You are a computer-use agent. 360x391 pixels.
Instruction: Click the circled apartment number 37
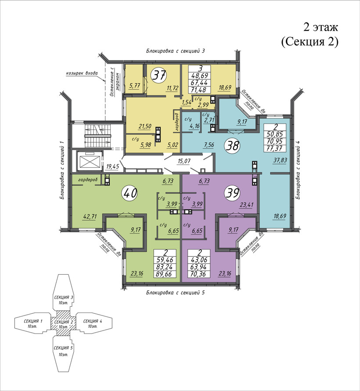tap(159, 75)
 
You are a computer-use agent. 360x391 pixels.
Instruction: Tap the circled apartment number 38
tap(233, 146)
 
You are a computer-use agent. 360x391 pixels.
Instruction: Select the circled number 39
tap(233, 193)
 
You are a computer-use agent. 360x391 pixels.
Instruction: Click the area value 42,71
tap(90, 216)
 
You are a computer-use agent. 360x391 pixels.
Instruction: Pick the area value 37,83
tap(280, 160)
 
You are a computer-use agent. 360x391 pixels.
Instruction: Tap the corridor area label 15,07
tap(184, 161)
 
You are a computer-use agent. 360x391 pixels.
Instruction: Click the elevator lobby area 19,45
tap(112, 166)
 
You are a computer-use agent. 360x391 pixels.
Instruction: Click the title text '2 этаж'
tap(320, 27)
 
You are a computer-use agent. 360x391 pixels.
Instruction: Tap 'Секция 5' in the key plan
tap(61, 348)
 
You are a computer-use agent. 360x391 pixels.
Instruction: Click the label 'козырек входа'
tap(82, 73)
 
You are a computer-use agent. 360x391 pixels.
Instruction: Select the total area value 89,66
tap(165, 274)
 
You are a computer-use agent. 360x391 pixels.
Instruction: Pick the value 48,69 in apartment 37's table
tap(200, 75)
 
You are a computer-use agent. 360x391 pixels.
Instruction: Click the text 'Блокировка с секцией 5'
tap(175, 293)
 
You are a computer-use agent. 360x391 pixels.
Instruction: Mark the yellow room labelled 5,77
tap(134, 79)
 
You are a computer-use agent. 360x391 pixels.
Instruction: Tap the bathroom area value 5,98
tap(145, 145)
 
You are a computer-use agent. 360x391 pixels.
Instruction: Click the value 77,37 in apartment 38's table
tap(275, 149)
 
